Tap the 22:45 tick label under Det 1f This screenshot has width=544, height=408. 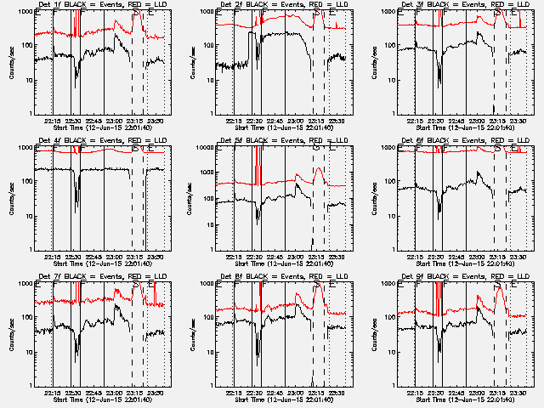pyautogui.click(x=93, y=120)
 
